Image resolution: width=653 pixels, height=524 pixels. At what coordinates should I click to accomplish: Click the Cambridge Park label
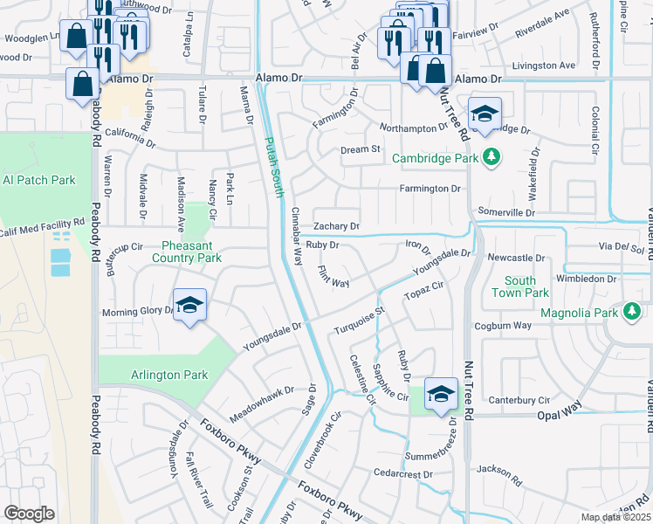point(435,159)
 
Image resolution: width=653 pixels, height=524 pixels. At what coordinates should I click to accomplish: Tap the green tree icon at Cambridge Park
point(492,157)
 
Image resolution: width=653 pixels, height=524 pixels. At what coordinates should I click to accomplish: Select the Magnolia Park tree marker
point(631,311)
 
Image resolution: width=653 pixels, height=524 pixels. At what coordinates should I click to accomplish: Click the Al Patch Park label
point(39,180)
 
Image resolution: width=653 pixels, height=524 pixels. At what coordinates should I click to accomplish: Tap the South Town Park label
point(526,287)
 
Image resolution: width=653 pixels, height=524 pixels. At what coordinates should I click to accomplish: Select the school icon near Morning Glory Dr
point(189,306)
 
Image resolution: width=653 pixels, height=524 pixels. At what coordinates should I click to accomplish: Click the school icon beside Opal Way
point(442,393)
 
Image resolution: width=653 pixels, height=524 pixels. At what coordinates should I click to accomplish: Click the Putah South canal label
point(274,168)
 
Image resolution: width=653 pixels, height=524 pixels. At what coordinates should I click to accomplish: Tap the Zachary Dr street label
point(337,226)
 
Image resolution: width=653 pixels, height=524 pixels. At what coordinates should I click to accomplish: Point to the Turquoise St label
point(360,322)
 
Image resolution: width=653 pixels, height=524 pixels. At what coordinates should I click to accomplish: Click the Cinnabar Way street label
point(296,236)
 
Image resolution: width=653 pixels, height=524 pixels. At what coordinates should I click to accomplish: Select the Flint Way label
point(333,277)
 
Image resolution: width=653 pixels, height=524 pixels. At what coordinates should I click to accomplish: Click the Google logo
point(29,514)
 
